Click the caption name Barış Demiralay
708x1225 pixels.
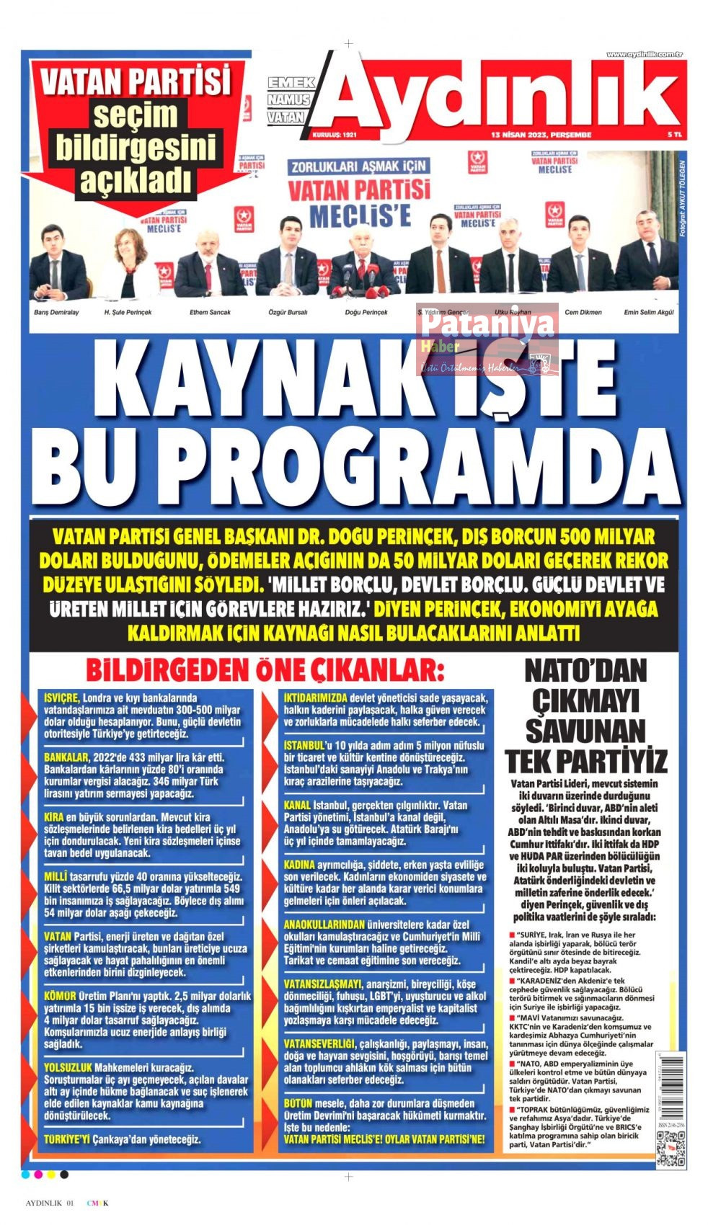click(x=56, y=312)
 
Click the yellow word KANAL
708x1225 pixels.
click(x=297, y=805)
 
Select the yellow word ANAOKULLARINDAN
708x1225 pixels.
click(x=324, y=925)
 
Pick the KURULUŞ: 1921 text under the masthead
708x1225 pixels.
click(x=335, y=135)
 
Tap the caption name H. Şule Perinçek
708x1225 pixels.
click(x=128, y=312)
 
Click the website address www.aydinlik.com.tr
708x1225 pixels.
click(x=644, y=55)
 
